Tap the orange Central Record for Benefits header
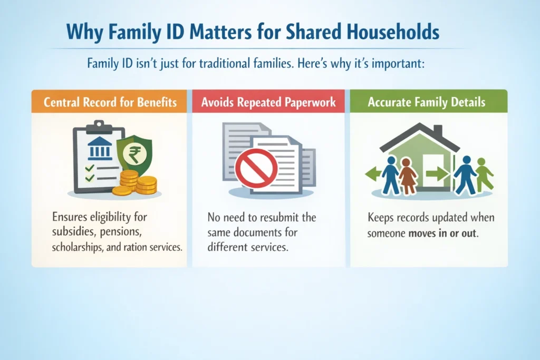pyautogui.click(x=110, y=102)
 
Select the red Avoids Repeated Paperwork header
pyautogui.click(x=268, y=102)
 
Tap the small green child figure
pyautogui.click(x=484, y=174)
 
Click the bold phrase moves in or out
pyautogui.click(x=443, y=232)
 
